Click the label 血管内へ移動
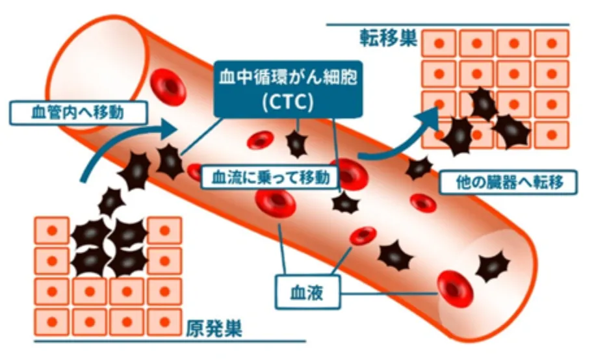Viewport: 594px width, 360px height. point(77,112)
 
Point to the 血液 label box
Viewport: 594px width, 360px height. point(307,294)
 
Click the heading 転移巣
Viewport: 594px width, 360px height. point(387,40)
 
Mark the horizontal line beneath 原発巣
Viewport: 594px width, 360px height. point(169,341)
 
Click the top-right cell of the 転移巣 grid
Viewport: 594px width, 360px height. point(551,44)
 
